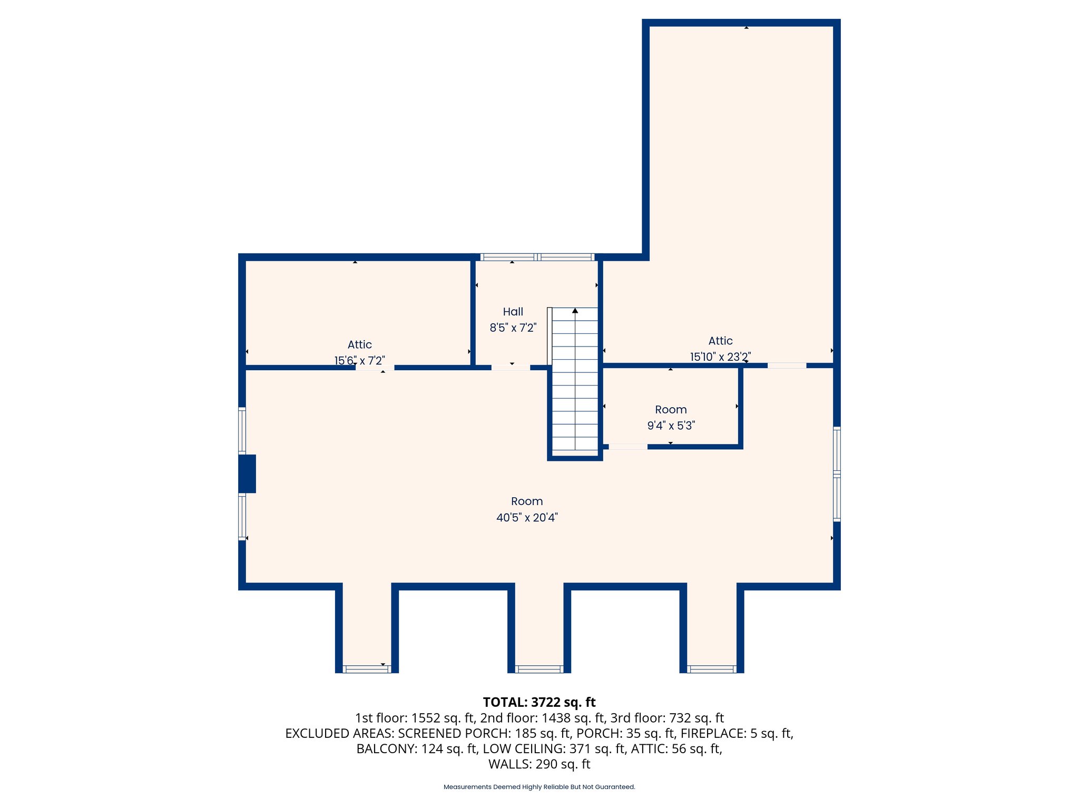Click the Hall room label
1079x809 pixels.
click(513, 312)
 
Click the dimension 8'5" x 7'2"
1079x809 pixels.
click(513, 328)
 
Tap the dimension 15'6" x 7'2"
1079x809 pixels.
click(359, 361)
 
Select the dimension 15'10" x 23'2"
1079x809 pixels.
click(720, 357)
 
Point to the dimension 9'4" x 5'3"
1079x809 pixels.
click(671, 426)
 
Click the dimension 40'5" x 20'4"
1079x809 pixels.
click(526, 518)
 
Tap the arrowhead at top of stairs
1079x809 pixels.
click(575, 311)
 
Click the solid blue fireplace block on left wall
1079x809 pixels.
click(247, 473)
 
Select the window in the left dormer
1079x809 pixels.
click(367, 669)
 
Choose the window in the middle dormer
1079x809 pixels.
click(539, 669)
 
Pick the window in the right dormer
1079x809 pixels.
click(711, 669)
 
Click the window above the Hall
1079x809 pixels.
click(537, 257)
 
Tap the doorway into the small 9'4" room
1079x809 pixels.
click(628, 447)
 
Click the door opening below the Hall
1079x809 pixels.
click(511, 368)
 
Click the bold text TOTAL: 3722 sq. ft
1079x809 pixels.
click(539, 702)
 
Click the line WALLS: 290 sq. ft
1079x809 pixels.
click(539, 764)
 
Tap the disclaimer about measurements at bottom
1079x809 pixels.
click(539, 787)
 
